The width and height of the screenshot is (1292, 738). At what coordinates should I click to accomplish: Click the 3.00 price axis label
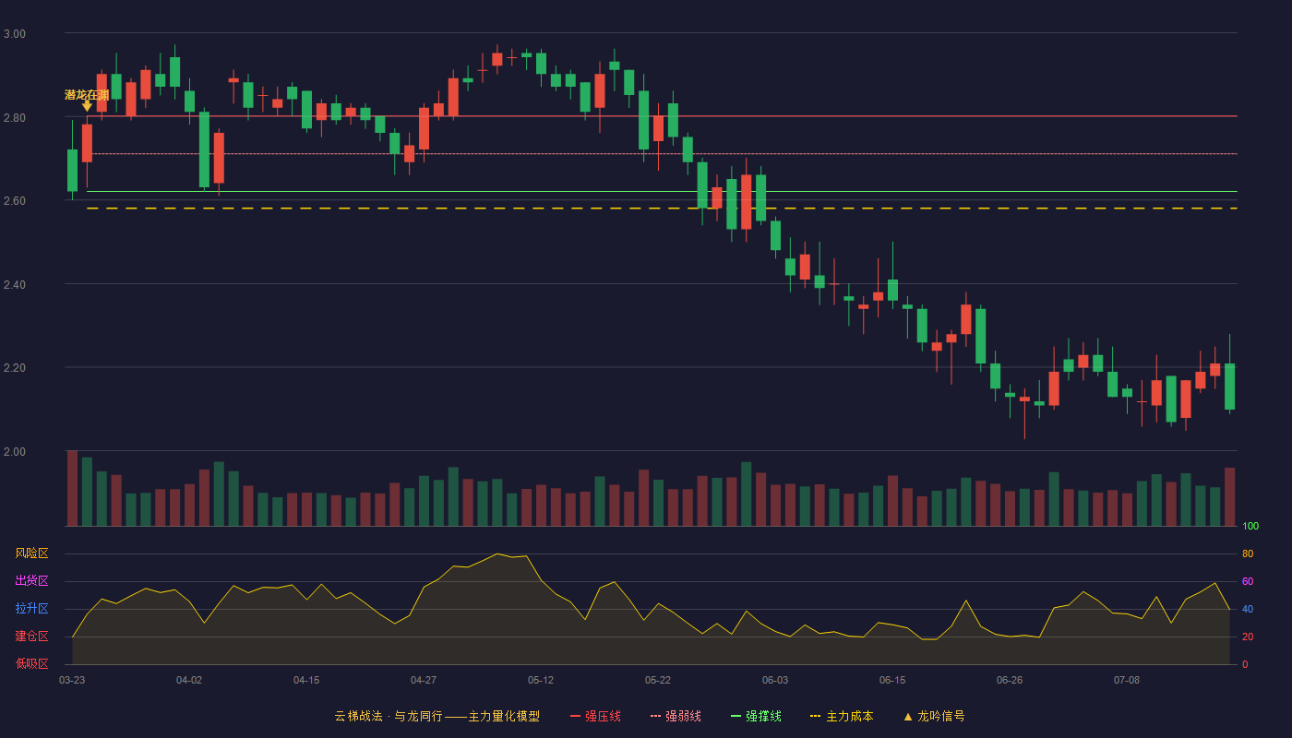pyautogui.click(x=15, y=34)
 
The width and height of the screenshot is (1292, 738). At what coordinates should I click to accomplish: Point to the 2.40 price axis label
pyautogui.click(x=15, y=285)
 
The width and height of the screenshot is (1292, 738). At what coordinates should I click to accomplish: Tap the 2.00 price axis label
pyautogui.click(x=15, y=452)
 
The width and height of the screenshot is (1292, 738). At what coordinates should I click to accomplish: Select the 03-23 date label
pyautogui.click(x=72, y=681)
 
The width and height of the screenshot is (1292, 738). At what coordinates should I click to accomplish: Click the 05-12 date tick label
pyautogui.click(x=541, y=681)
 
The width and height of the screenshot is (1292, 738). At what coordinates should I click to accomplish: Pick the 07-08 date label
pyautogui.click(x=1127, y=681)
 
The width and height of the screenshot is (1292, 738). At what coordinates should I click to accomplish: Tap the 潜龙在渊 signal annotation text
pyautogui.click(x=87, y=94)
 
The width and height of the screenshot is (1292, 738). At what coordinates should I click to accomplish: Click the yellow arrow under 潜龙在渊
pyautogui.click(x=87, y=105)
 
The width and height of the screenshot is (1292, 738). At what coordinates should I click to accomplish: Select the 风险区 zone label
pyautogui.click(x=31, y=553)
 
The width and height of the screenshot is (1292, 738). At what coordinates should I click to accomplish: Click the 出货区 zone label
pyautogui.click(x=31, y=580)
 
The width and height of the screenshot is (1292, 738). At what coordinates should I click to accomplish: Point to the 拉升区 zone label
pyautogui.click(x=31, y=608)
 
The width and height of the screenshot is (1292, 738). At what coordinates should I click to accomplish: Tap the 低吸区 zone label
pyautogui.click(x=31, y=663)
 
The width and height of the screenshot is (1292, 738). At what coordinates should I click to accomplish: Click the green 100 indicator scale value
pyautogui.click(x=1250, y=526)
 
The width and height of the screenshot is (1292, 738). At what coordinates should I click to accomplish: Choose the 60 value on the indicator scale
pyautogui.click(x=1248, y=581)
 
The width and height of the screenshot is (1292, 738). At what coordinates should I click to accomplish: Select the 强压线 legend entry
pyautogui.click(x=595, y=716)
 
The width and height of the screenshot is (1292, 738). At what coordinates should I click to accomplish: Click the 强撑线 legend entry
pyautogui.click(x=756, y=716)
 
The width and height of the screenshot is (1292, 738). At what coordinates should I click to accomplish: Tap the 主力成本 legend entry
pyautogui.click(x=842, y=716)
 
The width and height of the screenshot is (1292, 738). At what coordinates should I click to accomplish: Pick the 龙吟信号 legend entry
pyautogui.click(x=934, y=716)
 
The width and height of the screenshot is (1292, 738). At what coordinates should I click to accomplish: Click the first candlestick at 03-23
pyautogui.click(x=72, y=170)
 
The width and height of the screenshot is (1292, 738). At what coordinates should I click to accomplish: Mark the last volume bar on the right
pyautogui.click(x=1229, y=497)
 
